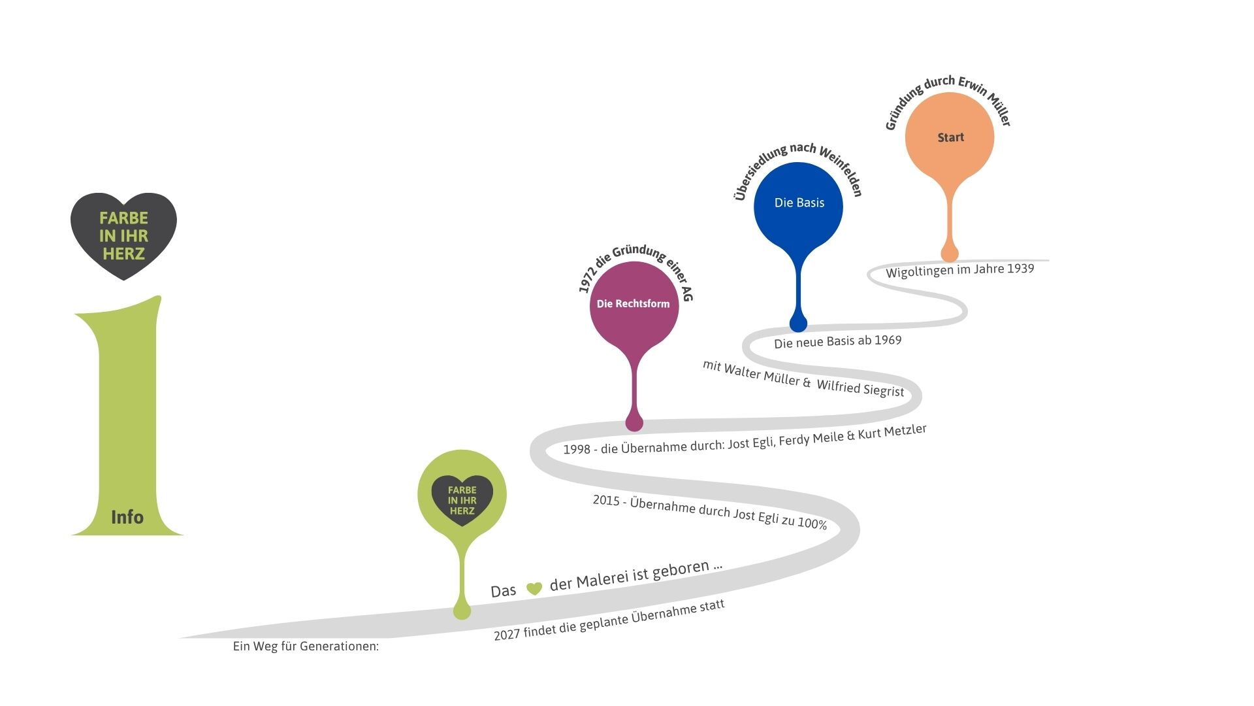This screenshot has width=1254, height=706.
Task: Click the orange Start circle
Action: click(x=950, y=137)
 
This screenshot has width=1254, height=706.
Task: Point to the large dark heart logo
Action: click(x=123, y=235)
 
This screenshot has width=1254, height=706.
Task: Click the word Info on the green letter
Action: click(x=127, y=517)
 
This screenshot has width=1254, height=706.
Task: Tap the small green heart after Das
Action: click(x=534, y=588)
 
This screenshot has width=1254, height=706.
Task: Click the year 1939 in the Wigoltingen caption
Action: click(x=1020, y=269)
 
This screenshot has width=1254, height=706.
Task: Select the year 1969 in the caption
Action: click(x=888, y=341)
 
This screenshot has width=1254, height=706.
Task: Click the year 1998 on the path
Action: click(x=577, y=449)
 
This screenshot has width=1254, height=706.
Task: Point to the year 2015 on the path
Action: click(x=606, y=500)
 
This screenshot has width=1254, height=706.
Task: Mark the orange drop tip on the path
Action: click(x=949, y=253)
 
